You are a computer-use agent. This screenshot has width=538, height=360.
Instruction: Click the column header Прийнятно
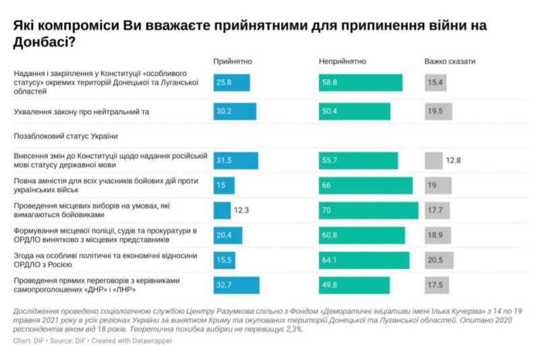coord(233,61)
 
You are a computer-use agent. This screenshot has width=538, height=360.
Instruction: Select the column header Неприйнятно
coord(342,61)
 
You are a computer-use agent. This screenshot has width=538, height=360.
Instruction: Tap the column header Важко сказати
coord(450,61)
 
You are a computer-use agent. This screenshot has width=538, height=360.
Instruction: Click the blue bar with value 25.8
coord(231,82)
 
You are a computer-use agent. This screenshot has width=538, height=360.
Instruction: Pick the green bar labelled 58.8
coord(361,82)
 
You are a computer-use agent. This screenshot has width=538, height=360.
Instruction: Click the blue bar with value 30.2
coord(235,111)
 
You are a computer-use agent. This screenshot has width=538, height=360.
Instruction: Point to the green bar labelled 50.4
coord(355,111)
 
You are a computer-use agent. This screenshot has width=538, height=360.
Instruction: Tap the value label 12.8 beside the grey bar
coord(454,160)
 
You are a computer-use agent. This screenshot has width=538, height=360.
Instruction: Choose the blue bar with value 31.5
coord(235,160)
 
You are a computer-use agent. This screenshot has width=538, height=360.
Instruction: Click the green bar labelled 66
coord(365,185)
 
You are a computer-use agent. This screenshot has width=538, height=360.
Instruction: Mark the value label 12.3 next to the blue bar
coord(242,210)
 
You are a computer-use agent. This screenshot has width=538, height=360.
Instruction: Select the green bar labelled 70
coord(368,210)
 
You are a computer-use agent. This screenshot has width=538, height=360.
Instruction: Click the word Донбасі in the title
coord(41,42)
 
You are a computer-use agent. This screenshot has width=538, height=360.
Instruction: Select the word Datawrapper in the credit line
coord(154,341)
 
